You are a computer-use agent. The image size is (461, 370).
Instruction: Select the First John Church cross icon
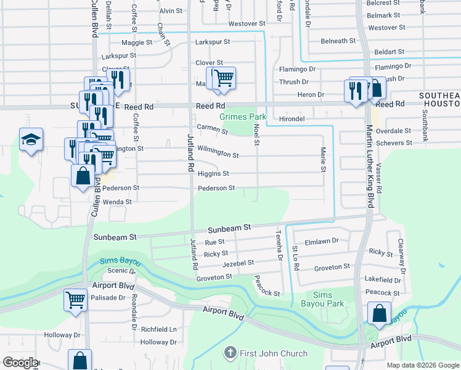229,353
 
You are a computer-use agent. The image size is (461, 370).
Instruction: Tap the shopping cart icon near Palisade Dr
75,300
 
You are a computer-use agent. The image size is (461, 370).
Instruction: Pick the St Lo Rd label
296,257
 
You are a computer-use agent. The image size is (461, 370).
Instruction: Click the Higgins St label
213,174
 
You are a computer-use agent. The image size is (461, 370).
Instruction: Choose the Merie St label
322,159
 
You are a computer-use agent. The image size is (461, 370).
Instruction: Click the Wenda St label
116,202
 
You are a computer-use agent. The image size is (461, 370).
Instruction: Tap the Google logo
20,362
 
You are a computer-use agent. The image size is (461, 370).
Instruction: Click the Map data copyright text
422,365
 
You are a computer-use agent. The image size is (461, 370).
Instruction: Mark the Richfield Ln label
158,330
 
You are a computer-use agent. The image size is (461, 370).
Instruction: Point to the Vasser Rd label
379,178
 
